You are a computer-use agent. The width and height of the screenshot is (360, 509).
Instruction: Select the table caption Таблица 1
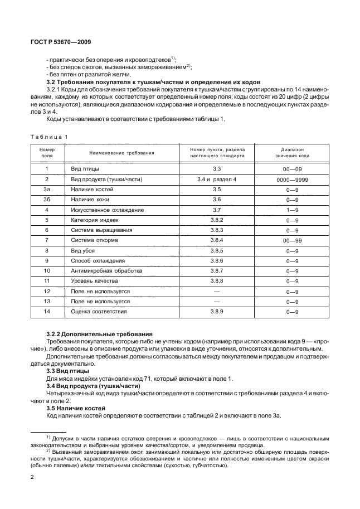pyautogui.click(x=49, y=137)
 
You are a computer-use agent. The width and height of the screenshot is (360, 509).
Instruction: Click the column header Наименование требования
pyautogui.click(x=121, y=153)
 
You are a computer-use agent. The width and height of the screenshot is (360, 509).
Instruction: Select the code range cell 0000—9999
pyautogui.click(x=293, y=179)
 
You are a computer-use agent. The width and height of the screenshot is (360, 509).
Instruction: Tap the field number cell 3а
pyautogui.click(x=47, y=190)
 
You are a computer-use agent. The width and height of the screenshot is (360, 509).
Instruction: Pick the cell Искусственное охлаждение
pyautogui.click(x=107, y=210)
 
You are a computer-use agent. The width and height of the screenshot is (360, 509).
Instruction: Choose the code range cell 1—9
pyautogui.click(x=293, y=210)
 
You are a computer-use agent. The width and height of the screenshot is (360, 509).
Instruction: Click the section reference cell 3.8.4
pyautogui.click(x=217, y=240)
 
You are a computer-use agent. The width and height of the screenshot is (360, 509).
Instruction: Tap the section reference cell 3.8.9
pyautogui.click(x=217, y=311)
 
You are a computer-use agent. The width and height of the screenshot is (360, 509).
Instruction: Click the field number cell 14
pyautogui.click(x=47, y=311)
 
